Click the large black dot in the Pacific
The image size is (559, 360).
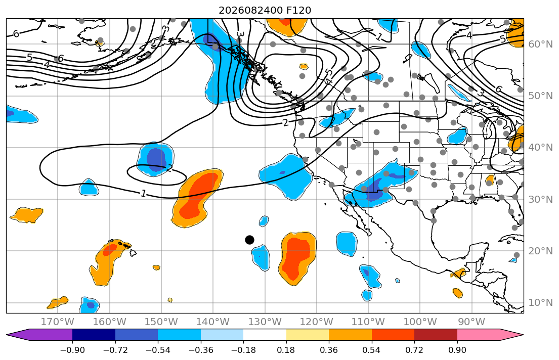(249, 240)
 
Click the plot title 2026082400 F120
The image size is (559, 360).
(265, 10)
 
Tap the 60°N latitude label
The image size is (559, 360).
(540, 44)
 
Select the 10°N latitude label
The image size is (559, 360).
(540, 303)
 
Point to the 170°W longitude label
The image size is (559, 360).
(58, 322)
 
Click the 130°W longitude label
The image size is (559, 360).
(265, 322)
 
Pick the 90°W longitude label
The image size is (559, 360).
(471, 322)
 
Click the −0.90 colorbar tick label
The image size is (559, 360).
(72, 350)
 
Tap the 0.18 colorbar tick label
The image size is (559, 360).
(286, 350)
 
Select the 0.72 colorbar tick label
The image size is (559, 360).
(414, 350)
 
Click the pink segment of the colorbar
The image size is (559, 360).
(479, 335)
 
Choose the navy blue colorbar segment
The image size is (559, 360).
(94, 335)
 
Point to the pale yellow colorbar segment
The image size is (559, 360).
(307, 335)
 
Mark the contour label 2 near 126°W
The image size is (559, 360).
(285, 123)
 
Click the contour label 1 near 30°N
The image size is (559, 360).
(143, 194)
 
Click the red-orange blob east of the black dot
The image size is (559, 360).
(296, 257)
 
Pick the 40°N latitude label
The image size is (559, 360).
(540, 147)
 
